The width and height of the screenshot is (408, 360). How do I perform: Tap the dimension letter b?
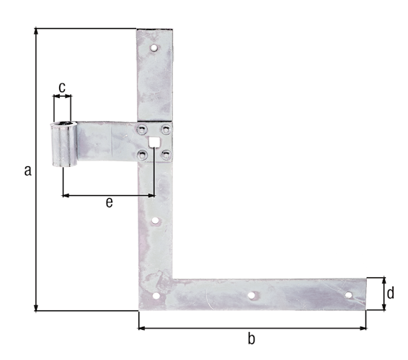coord(251,338)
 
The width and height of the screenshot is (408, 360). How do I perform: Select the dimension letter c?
coord(62,87)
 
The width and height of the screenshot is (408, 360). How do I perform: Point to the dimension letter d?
coord(391,293)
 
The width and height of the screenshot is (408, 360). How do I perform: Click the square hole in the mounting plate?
coord(153,141)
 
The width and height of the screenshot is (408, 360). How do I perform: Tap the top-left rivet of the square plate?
coord(141,130)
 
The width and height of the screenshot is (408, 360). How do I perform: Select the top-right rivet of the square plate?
coord(165,130)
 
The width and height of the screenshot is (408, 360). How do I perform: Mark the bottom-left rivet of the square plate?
coord(141,153)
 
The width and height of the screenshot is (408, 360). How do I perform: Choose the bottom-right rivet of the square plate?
coord(165,153)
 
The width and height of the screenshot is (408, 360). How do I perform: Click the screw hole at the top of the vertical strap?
coord(153,48)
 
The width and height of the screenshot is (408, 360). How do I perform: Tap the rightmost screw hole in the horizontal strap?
coord(347,294)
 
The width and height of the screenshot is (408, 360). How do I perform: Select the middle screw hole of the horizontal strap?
coord(251,294)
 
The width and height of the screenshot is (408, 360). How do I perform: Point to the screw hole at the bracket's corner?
coord(155,297)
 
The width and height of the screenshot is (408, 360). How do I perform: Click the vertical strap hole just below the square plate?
coord(154,220)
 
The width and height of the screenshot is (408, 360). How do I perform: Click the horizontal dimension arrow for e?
coord(108,194)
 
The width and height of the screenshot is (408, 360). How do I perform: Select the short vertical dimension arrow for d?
coord(383,293)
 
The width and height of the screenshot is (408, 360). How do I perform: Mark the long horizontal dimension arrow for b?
coord(251,328)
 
